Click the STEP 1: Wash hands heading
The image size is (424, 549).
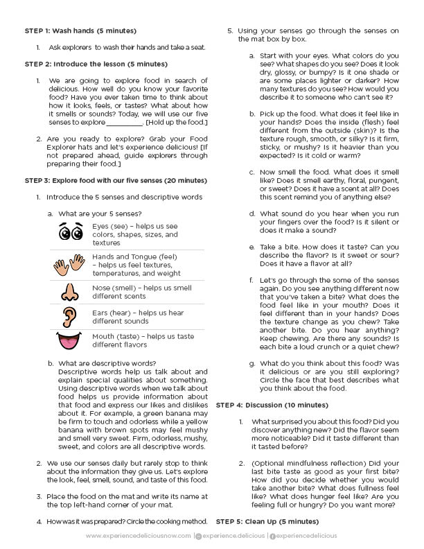point(80,31)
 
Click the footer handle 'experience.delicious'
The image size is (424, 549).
point(233,536)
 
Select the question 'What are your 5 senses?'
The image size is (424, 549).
point(100,213)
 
